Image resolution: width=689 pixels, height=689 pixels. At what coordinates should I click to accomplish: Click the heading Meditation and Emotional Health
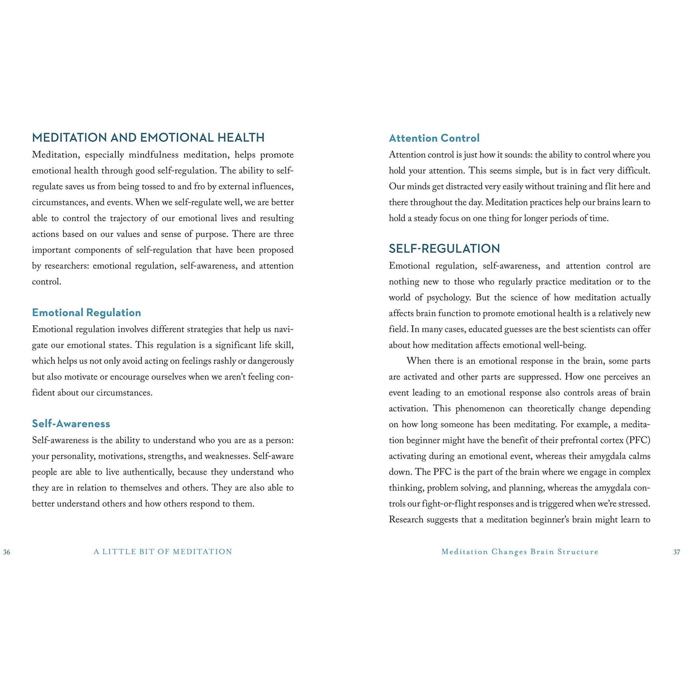point(148,138)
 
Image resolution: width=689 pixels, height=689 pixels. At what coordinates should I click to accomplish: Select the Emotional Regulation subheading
point(86,313)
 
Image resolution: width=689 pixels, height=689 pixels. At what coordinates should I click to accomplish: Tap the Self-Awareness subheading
point(71,424)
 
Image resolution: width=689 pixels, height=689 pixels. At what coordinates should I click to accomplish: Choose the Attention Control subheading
point(434,138)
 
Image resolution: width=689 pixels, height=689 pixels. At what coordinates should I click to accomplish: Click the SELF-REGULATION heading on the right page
point(444,248)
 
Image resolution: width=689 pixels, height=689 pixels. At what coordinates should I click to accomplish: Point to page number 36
point(7,552)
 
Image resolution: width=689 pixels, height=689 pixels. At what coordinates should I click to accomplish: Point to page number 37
point(677,552)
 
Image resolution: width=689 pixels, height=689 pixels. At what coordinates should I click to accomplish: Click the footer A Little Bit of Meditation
point(163,552)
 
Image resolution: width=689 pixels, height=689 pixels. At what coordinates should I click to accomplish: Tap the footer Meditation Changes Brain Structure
point(520,552)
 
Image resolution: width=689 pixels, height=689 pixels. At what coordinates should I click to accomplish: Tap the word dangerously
point(270,361)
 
